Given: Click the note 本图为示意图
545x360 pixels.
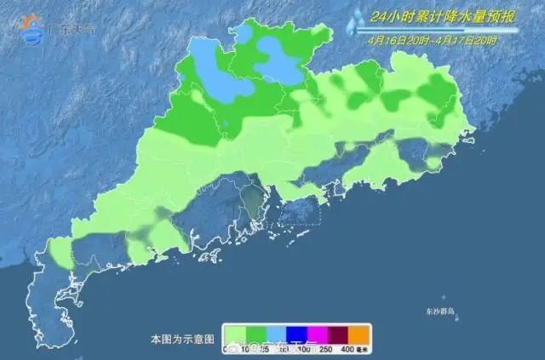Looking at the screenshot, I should click(178, 339).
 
